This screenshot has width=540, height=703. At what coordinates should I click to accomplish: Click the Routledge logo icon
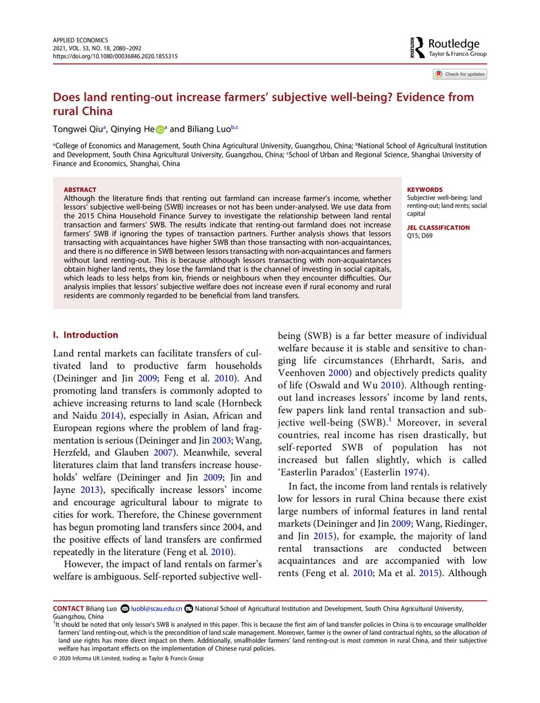click(414, 47)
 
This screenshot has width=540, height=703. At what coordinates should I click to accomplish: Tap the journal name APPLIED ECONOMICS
click(80, 41)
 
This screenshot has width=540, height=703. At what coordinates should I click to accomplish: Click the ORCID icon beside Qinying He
click(160, 130)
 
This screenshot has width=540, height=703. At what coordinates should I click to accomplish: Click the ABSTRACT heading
click(79, 190)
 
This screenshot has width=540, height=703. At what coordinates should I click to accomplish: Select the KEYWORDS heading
click(425, 190)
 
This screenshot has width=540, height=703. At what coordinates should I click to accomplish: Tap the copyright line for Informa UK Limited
click(128, 658)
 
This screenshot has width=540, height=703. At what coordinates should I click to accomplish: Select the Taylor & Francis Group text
click(458, 53)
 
